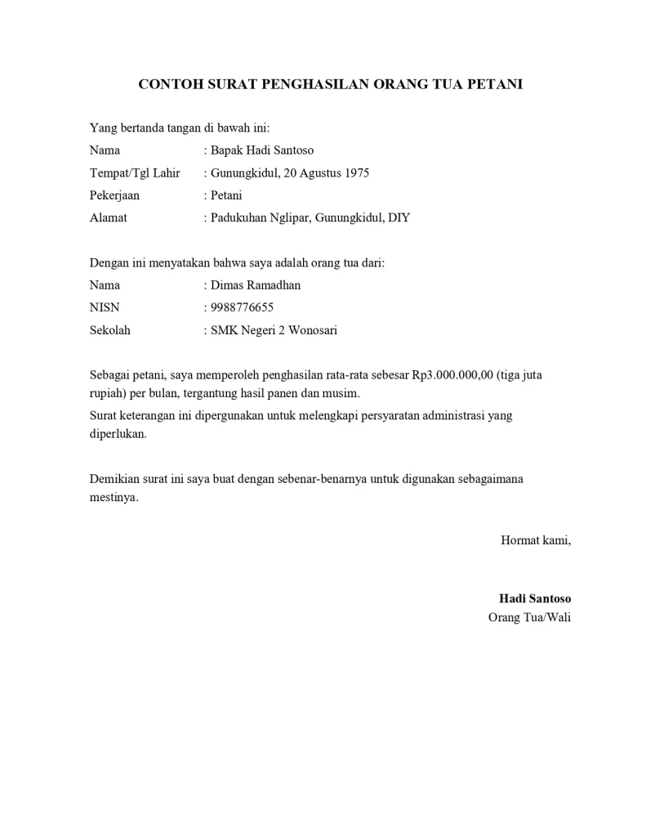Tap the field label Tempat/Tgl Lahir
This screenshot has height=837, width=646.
pyautogui.click(x=134, y=173)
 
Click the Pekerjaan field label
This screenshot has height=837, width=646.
pyautogui.click(x=114, y=196)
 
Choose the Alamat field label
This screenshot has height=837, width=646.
pyautogui.click(x=108, y=218)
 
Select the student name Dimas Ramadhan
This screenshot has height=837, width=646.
pyautogui.click(x=256, y=285)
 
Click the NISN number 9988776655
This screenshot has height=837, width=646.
pyautogui.click(x=242, y=308)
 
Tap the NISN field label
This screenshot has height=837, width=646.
pyautogui.click(x=105, y=308)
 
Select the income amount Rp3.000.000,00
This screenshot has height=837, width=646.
pyautogui.click(x=453, y=376)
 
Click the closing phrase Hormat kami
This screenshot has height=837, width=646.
pyautogui.click(x=535, y=540)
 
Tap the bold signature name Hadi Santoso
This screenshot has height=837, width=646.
pyautogui.click(x=535, y=598)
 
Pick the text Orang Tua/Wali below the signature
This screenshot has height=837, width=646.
pyautogui.click(x=529, y=617)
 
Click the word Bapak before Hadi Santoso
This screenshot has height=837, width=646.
pyautogui.click(x=228, y=150)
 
